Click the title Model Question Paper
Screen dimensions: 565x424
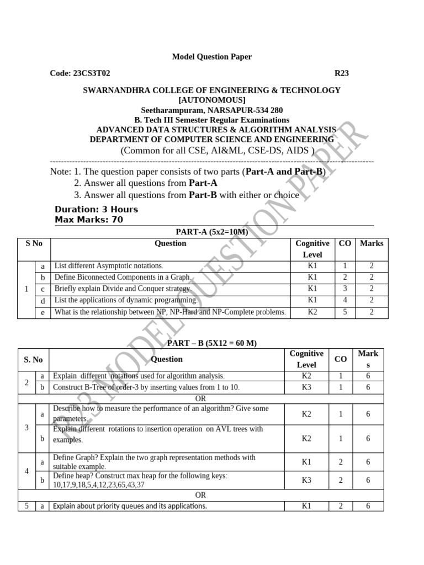211,57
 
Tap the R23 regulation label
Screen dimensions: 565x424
342,73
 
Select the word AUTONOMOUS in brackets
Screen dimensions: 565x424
211,100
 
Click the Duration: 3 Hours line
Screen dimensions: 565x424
96,209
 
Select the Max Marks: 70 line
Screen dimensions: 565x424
88,220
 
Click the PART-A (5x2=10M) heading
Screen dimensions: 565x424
211,232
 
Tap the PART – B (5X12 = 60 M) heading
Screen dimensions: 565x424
211,343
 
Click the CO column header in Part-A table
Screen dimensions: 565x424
344,243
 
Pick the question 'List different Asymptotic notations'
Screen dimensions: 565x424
109,266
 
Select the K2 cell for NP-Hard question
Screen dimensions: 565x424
312,312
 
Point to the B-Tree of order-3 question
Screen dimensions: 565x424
146,387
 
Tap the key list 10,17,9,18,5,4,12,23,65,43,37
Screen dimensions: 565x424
99,485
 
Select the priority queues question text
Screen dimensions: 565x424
130,506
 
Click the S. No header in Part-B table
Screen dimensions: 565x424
33,359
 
